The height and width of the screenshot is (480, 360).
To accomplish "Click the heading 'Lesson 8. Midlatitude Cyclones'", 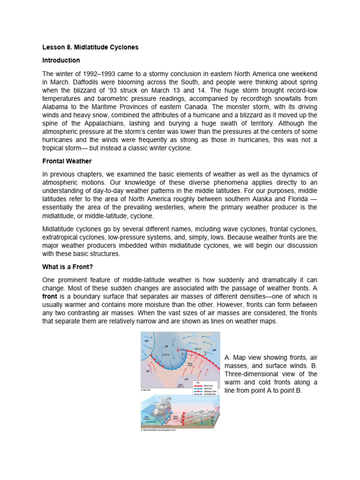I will click(x=90, y=48).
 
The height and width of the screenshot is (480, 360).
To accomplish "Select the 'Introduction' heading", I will click(x=61, y=60).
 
